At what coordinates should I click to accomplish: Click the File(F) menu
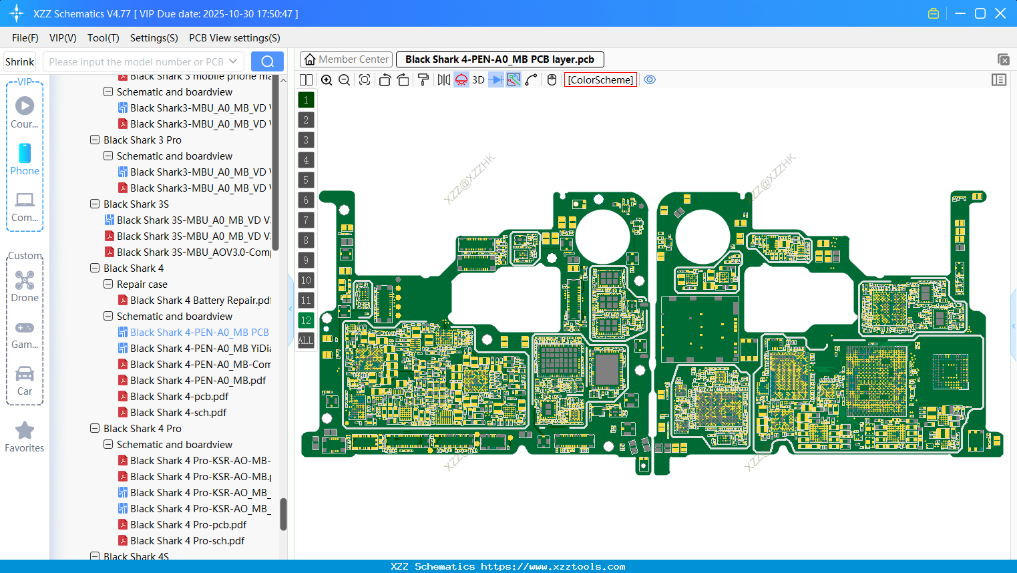click(25, 38)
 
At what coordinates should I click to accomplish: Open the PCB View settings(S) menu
click(234, 38)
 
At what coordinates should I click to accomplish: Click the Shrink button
click(20, 62)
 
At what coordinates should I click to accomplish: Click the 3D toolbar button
click(478, 80)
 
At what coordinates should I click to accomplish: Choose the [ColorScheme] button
click(600, 80)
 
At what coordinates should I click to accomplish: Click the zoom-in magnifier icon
click(327, 80)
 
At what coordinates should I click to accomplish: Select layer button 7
click(306, 220)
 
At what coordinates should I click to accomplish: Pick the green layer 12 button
click(306, 321)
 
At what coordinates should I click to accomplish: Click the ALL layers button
click(306, 341)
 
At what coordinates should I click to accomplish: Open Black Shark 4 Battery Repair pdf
click(200, 301)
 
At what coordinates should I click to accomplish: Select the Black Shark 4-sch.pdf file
click(178, 413)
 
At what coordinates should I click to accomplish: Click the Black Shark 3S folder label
click(136, 204)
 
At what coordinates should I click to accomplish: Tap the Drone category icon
click(25, 280)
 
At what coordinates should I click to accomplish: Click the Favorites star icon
click(25, 431)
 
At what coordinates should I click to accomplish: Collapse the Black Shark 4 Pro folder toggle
click(95, 429)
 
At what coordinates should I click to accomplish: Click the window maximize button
click(980, 13)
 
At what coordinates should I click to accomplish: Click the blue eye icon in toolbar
click(650, 80)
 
